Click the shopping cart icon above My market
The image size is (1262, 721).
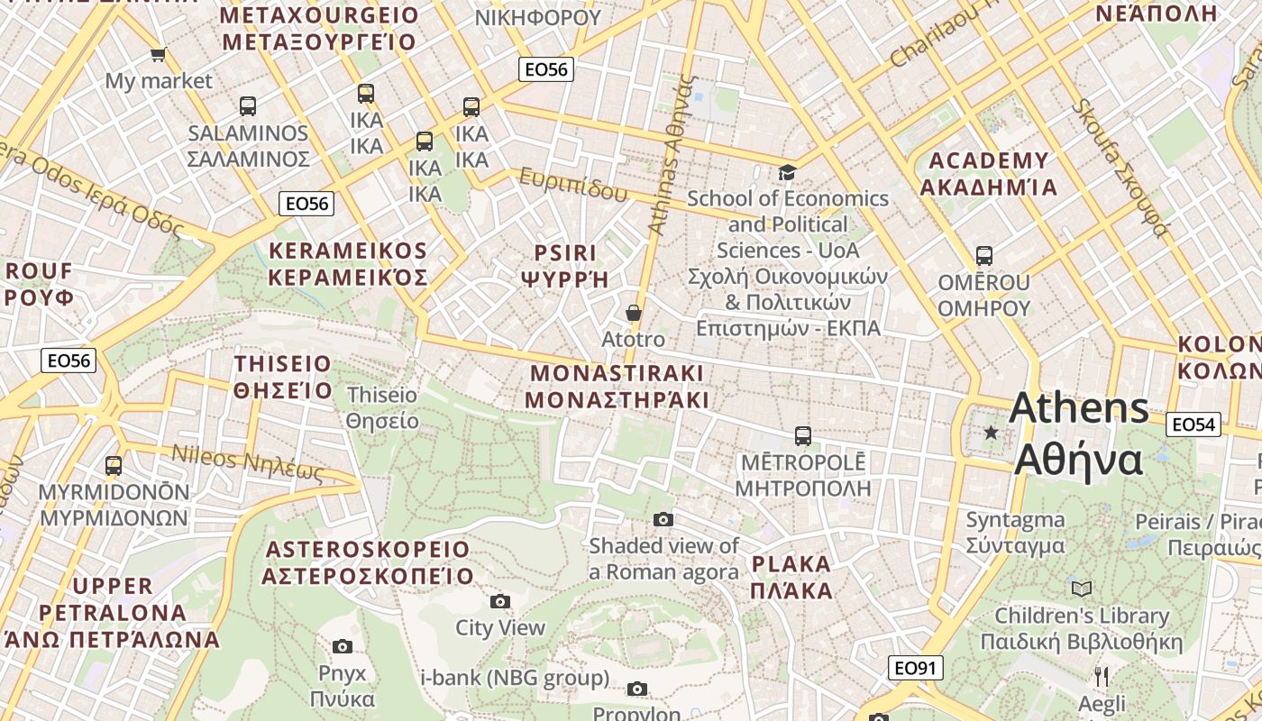pos(159,55)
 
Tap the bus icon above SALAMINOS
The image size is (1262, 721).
pos(248,106)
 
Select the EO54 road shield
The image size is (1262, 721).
pos(1193,424)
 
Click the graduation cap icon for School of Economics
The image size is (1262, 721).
pos(787,172)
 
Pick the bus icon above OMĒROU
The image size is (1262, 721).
pos(984,256)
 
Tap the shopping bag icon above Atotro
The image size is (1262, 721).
pos(634,313)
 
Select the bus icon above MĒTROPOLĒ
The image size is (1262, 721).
pos(803,436)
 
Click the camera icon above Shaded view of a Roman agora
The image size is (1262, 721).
pos(663,519)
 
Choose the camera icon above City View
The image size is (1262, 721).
pos(500,601)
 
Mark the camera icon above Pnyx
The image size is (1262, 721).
pos(343,646)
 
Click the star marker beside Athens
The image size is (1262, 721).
pos(992,433)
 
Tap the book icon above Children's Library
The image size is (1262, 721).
pos(1082,589)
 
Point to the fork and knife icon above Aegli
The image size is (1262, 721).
pos(1101,676)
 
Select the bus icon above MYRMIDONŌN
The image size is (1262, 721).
pos(114,466)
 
